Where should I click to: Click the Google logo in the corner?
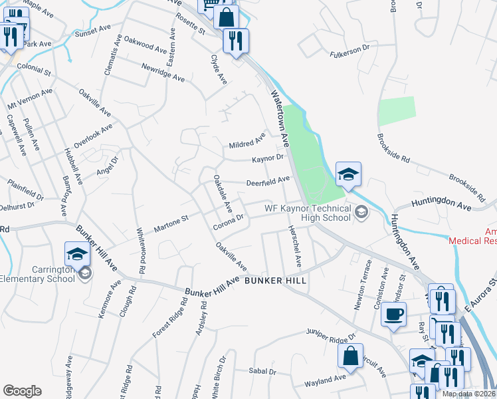click(x=23, y=390)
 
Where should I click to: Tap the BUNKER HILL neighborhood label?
click(x=276, y=281)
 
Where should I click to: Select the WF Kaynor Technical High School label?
click(x=307, y=213)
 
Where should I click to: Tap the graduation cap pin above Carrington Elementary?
click(x=76, y=254)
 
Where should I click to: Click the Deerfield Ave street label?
click(x=268, y=181)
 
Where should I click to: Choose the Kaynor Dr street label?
click(x=268, y=158)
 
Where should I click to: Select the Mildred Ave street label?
click(x=247, y=142)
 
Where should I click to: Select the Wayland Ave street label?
click(x=326, y=381)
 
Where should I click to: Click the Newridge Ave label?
click(x=163, y=72)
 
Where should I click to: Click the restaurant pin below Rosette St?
click(x=235, y=43)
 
